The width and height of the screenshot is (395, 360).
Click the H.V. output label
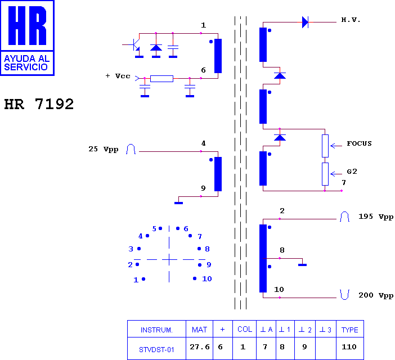click(351, 20)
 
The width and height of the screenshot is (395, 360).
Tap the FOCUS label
click(359, 143)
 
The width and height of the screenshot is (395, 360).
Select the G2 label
click(352, 172)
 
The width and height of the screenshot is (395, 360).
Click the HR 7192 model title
click(39, 104)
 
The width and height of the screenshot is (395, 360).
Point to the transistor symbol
click(136, 45)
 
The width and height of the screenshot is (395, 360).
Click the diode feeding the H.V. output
click(305, 22)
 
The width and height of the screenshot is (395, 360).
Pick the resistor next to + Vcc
click(161, 79)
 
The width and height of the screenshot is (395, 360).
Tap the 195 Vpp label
click(376, 217)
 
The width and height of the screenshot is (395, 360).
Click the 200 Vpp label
click(376, 295)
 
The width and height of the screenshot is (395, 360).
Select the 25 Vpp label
click(104, 149)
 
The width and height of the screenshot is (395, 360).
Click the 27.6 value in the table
click(200, 347)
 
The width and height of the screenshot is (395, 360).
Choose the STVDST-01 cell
click(156, 350)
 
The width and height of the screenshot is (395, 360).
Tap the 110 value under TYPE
click(349, 347)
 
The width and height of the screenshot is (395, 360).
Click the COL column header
click(245, 329)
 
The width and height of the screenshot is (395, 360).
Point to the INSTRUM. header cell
click(156, 330)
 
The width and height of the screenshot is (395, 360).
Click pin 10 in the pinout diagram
click(195, 278)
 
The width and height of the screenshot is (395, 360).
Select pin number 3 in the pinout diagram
click(131, 249)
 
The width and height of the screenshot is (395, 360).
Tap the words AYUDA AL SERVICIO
click(26, 62)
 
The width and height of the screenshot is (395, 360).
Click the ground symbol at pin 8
click(302, 265)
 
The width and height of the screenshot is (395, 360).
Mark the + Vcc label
click(118, 76)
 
